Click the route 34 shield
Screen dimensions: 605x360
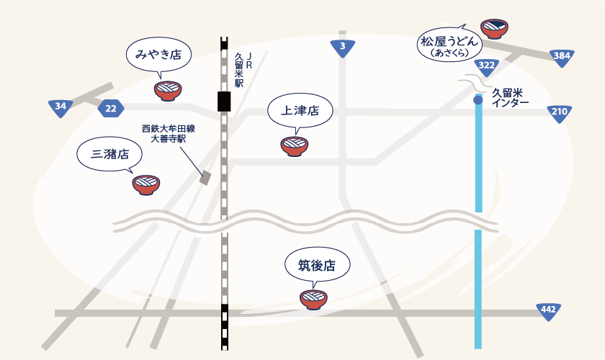click(60, 108)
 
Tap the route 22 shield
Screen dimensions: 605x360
click(110, 109)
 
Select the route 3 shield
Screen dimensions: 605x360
click(343, 48)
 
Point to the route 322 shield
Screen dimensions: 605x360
click(486, 66)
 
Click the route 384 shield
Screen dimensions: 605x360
click(561, 56)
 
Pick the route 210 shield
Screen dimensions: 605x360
click(559, 112)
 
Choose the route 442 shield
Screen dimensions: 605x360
click(549, 310)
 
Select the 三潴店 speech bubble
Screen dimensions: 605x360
click(110, 153)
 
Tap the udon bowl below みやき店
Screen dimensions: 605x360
click(168, 91)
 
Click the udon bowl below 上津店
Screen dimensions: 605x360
click(295, 146)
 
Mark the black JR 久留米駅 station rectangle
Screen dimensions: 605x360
click(225, 102)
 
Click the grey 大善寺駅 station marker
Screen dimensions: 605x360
click(205, 178)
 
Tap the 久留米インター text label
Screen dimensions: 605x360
click(510, 97)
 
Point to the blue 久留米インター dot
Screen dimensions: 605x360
click(478, 100)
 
